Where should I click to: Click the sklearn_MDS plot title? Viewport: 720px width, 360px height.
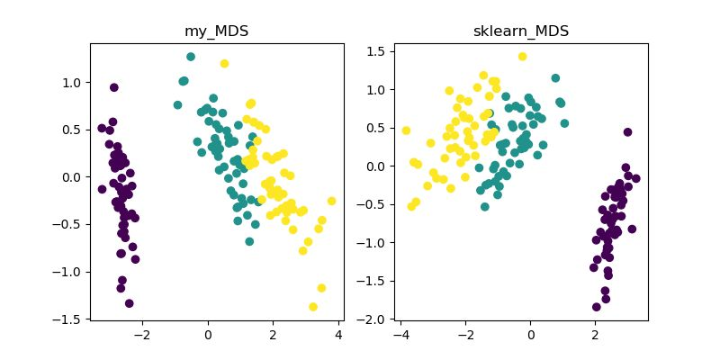point(520,31)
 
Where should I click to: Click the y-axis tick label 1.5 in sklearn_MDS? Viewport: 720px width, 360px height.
point(376,51)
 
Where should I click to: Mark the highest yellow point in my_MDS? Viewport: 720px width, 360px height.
point(224,63)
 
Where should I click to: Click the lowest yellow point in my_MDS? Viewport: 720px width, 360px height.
point(313,307)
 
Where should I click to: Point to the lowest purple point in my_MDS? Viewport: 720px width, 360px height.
point(129,303)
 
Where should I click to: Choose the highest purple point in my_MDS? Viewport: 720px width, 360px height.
point(114,87)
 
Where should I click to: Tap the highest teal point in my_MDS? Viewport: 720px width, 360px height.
point(191,57)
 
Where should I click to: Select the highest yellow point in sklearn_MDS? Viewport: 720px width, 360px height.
point(522,57)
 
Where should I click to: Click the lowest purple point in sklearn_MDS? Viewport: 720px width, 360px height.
point(596,307)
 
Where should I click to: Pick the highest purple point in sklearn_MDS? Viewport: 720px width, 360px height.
point(627,131)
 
